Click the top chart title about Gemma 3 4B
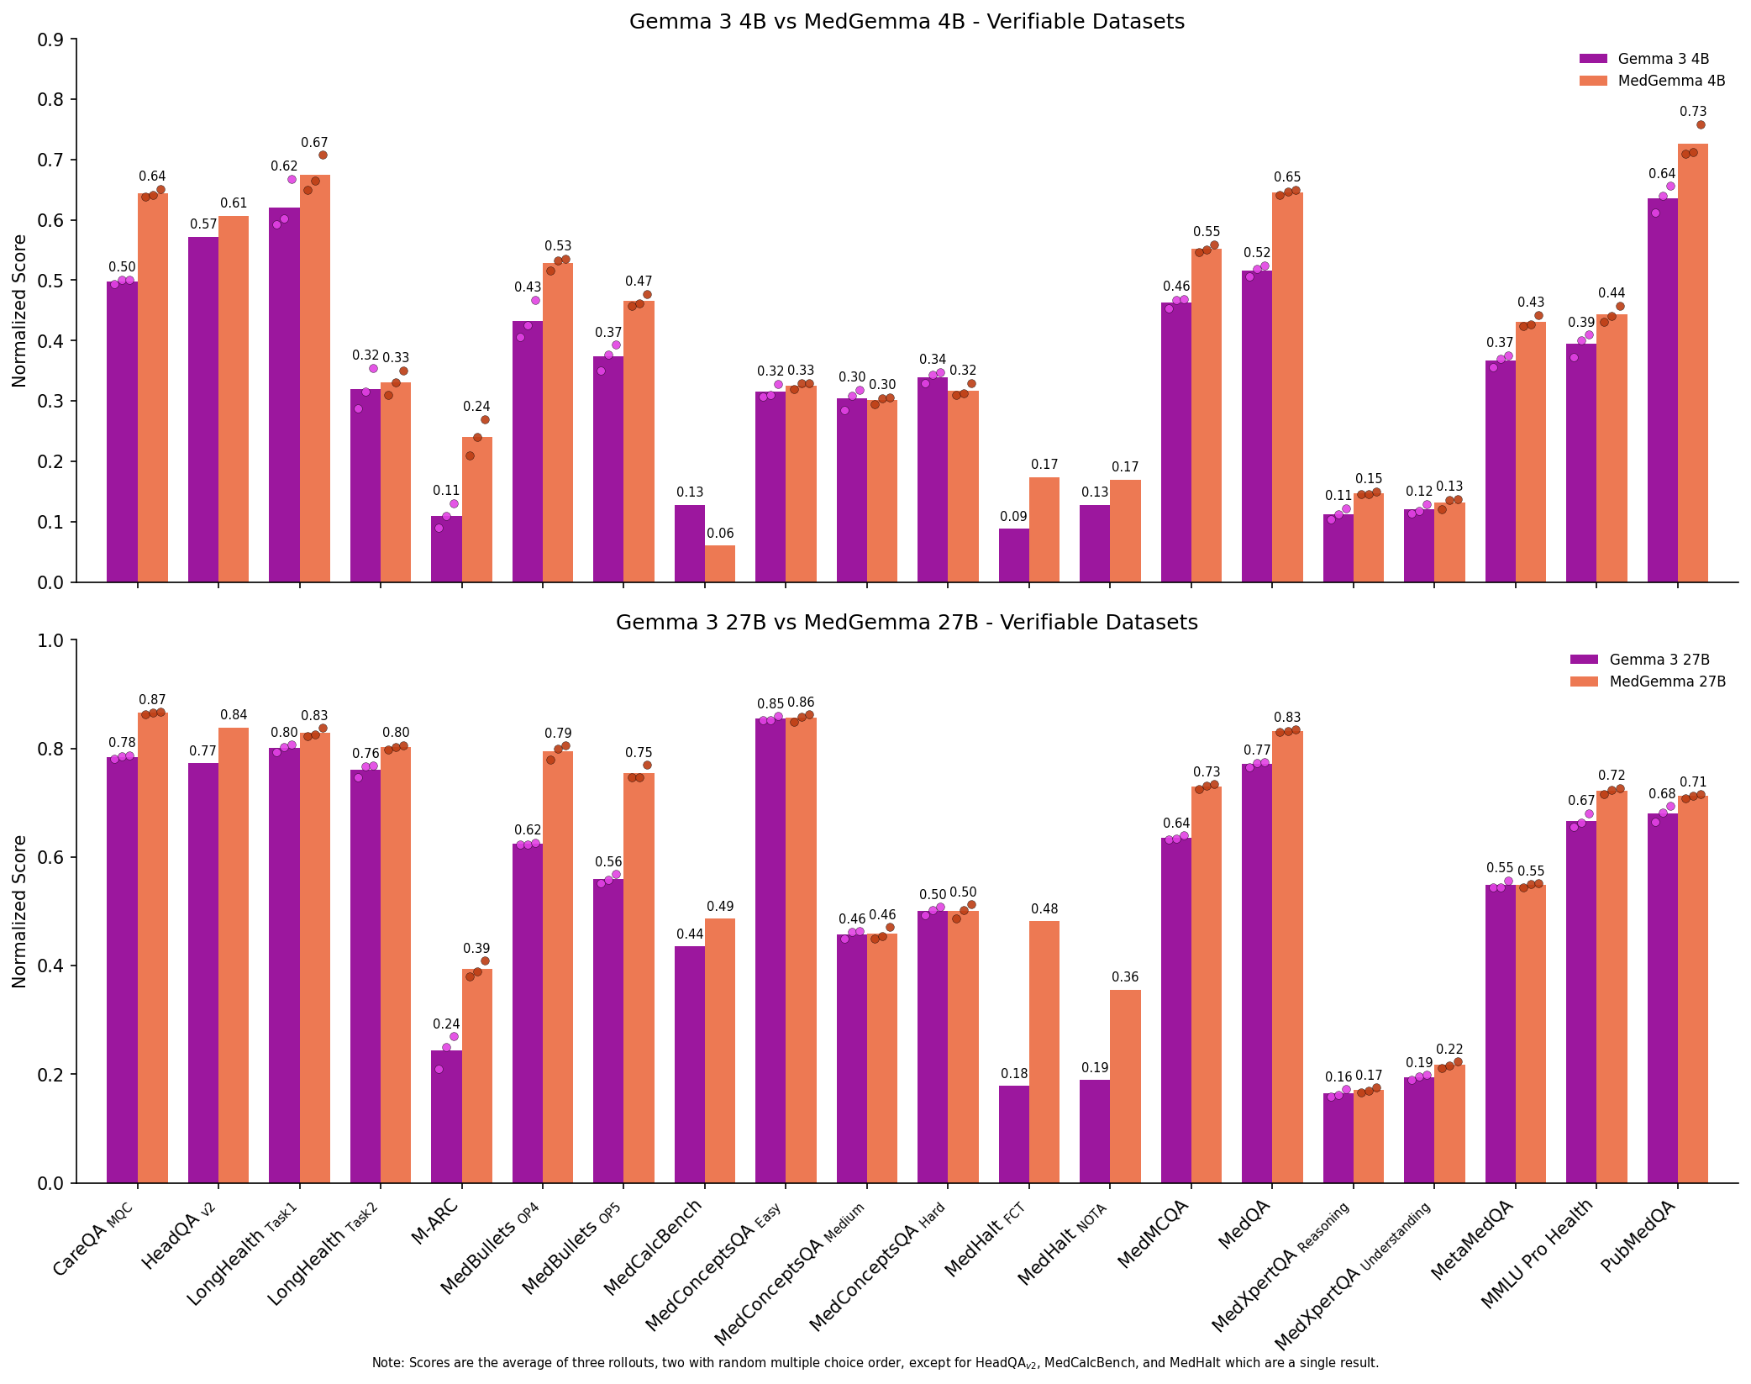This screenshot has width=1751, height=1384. (907, 22)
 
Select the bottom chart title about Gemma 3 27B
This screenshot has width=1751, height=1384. (907, 623)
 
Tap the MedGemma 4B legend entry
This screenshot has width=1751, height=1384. (1671, 82)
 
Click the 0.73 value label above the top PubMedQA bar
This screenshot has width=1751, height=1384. (1692, 112)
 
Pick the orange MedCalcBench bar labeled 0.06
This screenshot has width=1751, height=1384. (720, 564)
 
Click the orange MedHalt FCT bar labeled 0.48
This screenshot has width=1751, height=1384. (1044, 1051)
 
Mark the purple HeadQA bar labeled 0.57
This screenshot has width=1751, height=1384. (203, 409)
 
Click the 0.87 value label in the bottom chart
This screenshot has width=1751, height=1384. (152, 700)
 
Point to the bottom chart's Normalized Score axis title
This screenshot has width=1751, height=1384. (19, 911)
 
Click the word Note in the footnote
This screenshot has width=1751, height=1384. (388, 1363)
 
